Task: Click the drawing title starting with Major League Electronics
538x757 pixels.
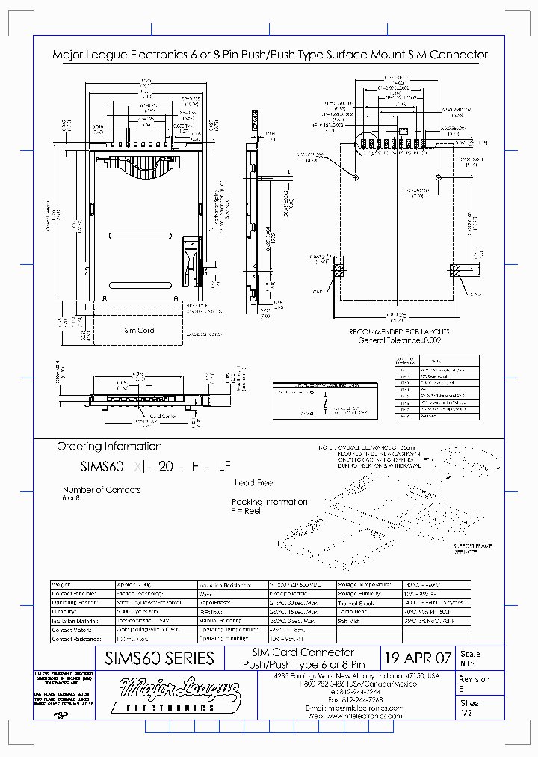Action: click(270, 55)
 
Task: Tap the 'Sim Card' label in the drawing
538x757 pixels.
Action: click(139, 330)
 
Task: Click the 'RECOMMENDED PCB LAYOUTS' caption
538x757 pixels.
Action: click(399, 331)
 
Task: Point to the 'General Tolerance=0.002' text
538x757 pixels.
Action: click(399, 340)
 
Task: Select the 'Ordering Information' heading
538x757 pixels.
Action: click(109, 447)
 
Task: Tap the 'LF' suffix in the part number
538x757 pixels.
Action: click(223, 465)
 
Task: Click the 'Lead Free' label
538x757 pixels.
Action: click(254, 483)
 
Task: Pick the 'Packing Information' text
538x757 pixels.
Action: click(269, 502)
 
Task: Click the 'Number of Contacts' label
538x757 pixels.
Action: click(101, 490)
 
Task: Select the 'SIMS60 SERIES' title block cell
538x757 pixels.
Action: click(160, 658)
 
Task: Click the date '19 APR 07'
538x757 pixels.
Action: click(418, 658)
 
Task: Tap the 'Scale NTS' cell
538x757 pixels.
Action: click(471, 658)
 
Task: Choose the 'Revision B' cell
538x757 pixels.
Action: click(474, 684)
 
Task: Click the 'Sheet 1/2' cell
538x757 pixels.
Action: click(471, 708)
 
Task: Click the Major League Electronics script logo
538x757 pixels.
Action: click(180, 690)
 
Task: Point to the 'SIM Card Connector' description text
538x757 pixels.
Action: click(302, 653)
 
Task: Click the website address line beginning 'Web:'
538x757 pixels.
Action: click(354, 716)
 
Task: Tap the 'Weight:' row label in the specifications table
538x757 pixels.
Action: click(61, 584)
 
